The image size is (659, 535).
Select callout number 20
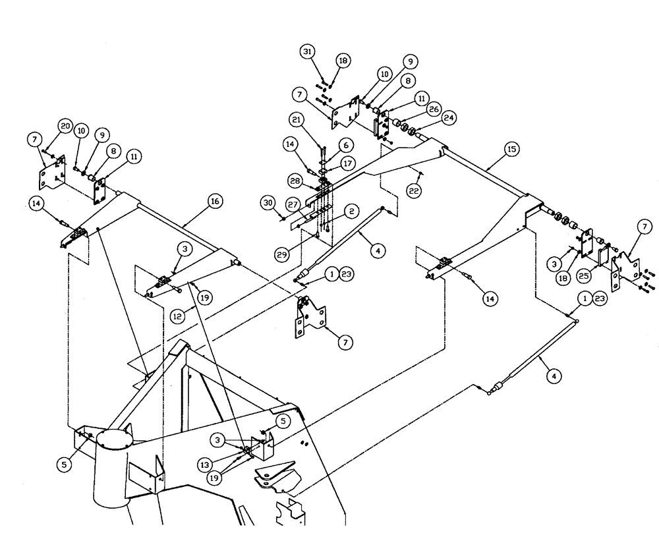pos(65,125)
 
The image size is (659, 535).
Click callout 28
pos(295,181)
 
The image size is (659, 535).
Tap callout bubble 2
pos(353,211)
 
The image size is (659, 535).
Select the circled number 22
pos(414,190)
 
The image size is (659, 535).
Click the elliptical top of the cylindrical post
pos(115,439)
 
